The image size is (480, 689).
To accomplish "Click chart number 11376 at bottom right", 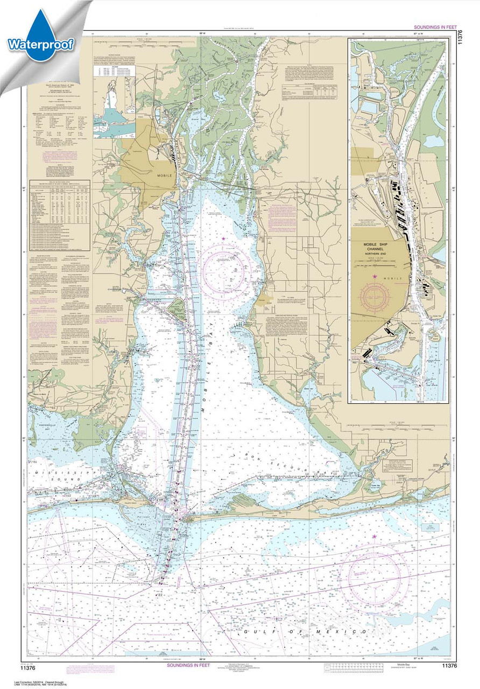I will tap(450, 666).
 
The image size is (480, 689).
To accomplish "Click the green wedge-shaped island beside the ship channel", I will tap(175, 308).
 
